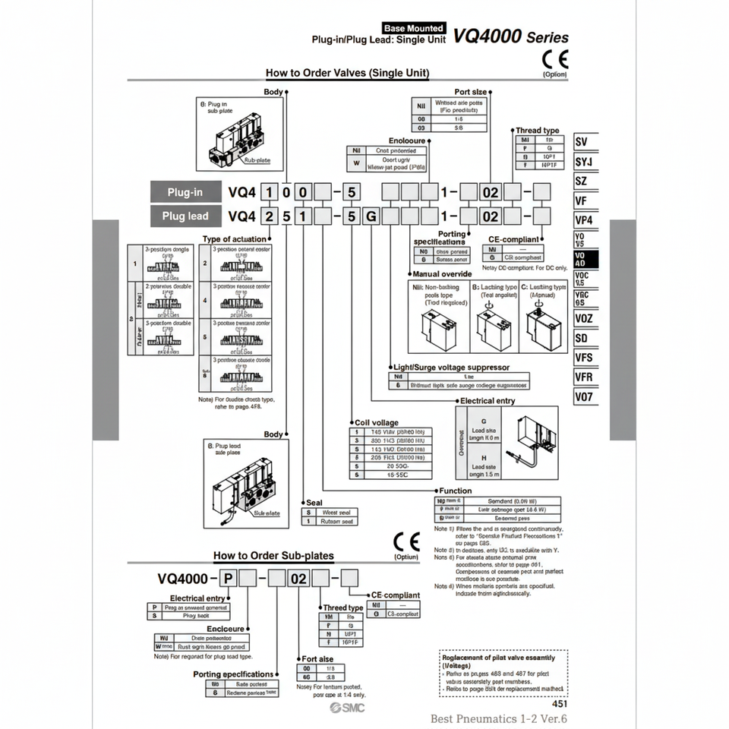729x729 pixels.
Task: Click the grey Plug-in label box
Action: (185, 192)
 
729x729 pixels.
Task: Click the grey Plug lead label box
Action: (185, 216)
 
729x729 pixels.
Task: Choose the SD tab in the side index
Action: (583, 338)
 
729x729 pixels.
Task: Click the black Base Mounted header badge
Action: (414, 28)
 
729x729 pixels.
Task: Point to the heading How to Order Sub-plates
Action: (273, 555)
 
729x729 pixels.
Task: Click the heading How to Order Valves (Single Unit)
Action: (347, 73)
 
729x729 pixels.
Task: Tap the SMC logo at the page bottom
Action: (347, 708)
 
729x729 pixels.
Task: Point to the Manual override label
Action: (442, 273)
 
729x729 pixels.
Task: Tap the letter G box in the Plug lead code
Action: (371, 216)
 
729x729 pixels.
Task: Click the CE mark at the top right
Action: (554, 59)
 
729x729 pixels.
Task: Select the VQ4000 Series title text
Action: (510, 36)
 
